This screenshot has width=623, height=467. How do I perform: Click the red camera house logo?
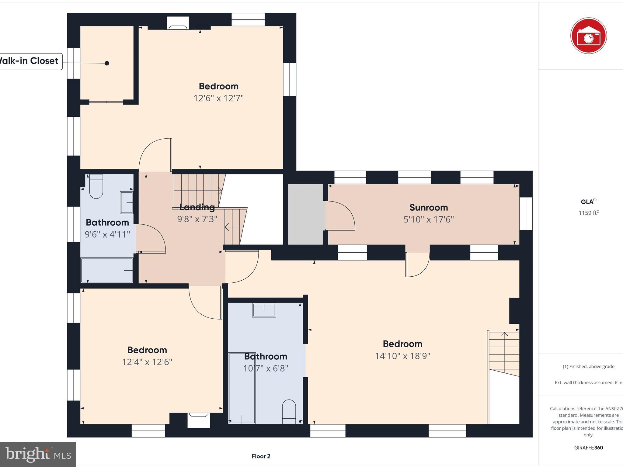pyautogui.click(x=588, y=36)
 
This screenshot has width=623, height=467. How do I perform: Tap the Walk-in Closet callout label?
pyautogui.click(x=30, y=61)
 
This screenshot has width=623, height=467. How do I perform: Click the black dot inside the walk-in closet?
pyautogui.click(x=107, y=63)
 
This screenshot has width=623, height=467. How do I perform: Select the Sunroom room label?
pyautogui.click(x=428, y=207)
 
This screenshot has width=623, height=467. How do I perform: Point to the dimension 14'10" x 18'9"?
pyautogui.click(x=402, y=356)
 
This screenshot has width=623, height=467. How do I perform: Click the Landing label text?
pyautogui.click(x=197, y=207)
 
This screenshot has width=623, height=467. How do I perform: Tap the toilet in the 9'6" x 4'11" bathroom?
pyautogui.click(x=96, y=186)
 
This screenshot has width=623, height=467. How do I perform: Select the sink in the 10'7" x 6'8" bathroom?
pyautogui.click(x=264, y=310)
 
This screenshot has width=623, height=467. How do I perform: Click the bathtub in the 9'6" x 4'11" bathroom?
pyautogui.click(x=107, y=270)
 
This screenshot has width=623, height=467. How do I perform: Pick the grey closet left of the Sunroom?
pyautogui.click(x=305, y=214)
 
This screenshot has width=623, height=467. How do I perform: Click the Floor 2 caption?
pyautogui.click(x=261, y=456)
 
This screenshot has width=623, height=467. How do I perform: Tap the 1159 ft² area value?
pyautogui.click(x=588, y=213)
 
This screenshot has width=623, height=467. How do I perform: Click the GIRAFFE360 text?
pyautogui.click(x=588, y=448)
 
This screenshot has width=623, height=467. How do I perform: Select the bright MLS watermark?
pyautogui.click(x=38, y=454)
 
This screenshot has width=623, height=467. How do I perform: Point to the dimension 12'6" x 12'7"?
pyautogui.click(x=218, y=98)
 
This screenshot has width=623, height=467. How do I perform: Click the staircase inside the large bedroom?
pyautogui.click(x=504, y=353)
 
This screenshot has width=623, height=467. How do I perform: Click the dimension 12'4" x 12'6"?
pyautogui.click(x=147, y=362)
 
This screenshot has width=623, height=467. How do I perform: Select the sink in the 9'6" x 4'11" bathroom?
pyautogui.click(x=127, y=202)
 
